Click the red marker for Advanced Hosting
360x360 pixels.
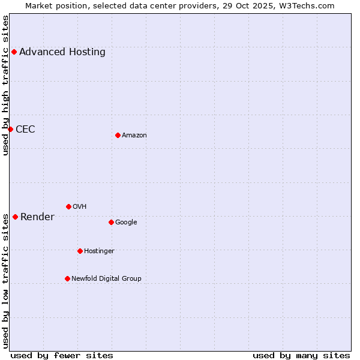click(14, 52)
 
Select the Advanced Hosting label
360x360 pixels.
click(62, 52)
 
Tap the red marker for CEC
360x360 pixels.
click(10, 129)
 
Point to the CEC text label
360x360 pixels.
click(25, 130)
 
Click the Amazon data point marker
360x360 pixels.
click(118, 135)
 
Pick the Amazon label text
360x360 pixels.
click(134, 136)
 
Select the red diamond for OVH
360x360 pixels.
click(68, 206)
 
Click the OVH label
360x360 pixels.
click(80, 207)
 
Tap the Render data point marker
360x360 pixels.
click(15, 217)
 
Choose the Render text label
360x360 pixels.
click(37, 217)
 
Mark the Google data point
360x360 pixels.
click(111, 222)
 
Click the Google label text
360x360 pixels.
click(126, 223)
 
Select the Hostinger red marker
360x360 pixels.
click(80, 251)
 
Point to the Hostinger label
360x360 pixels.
click(99, 251)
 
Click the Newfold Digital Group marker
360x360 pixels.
click(67, 278)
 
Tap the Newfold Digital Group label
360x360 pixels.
click(106, 279)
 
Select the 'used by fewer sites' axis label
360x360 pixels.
click(62, 356)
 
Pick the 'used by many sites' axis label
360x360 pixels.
click(301, 356)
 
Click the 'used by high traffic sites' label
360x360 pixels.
click(6, 85)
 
